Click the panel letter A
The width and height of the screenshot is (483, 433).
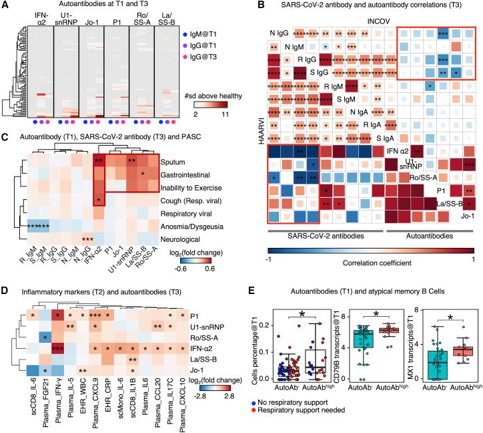click(6, 6)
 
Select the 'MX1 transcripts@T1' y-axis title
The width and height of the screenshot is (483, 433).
click(396, 329)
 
